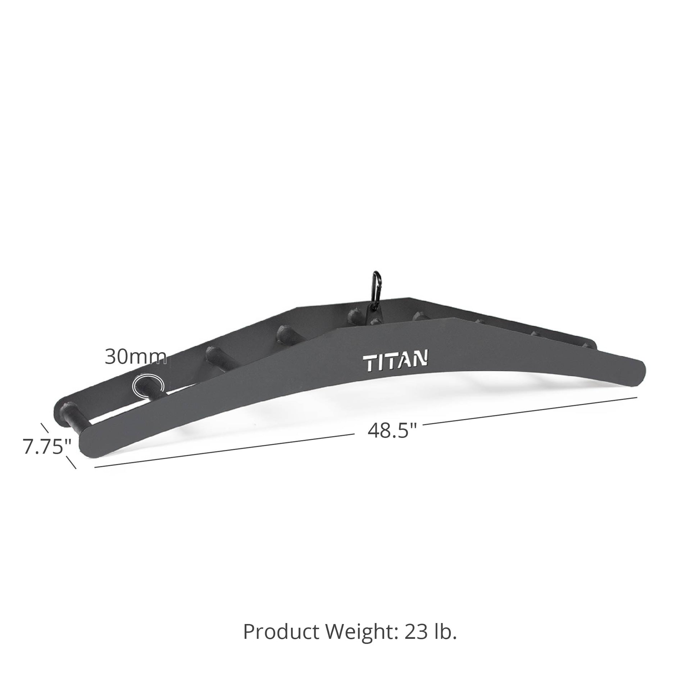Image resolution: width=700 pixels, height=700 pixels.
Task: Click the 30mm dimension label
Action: [136, 357]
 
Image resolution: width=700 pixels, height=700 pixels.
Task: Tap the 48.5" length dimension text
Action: [392, 431]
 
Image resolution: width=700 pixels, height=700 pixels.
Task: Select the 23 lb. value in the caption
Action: [431, 632]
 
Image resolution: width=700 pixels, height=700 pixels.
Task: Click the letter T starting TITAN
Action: [369, 363]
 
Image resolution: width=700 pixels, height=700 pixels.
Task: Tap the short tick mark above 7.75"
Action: [45, 428]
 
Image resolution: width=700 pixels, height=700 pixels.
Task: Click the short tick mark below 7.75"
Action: [71, 462]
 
